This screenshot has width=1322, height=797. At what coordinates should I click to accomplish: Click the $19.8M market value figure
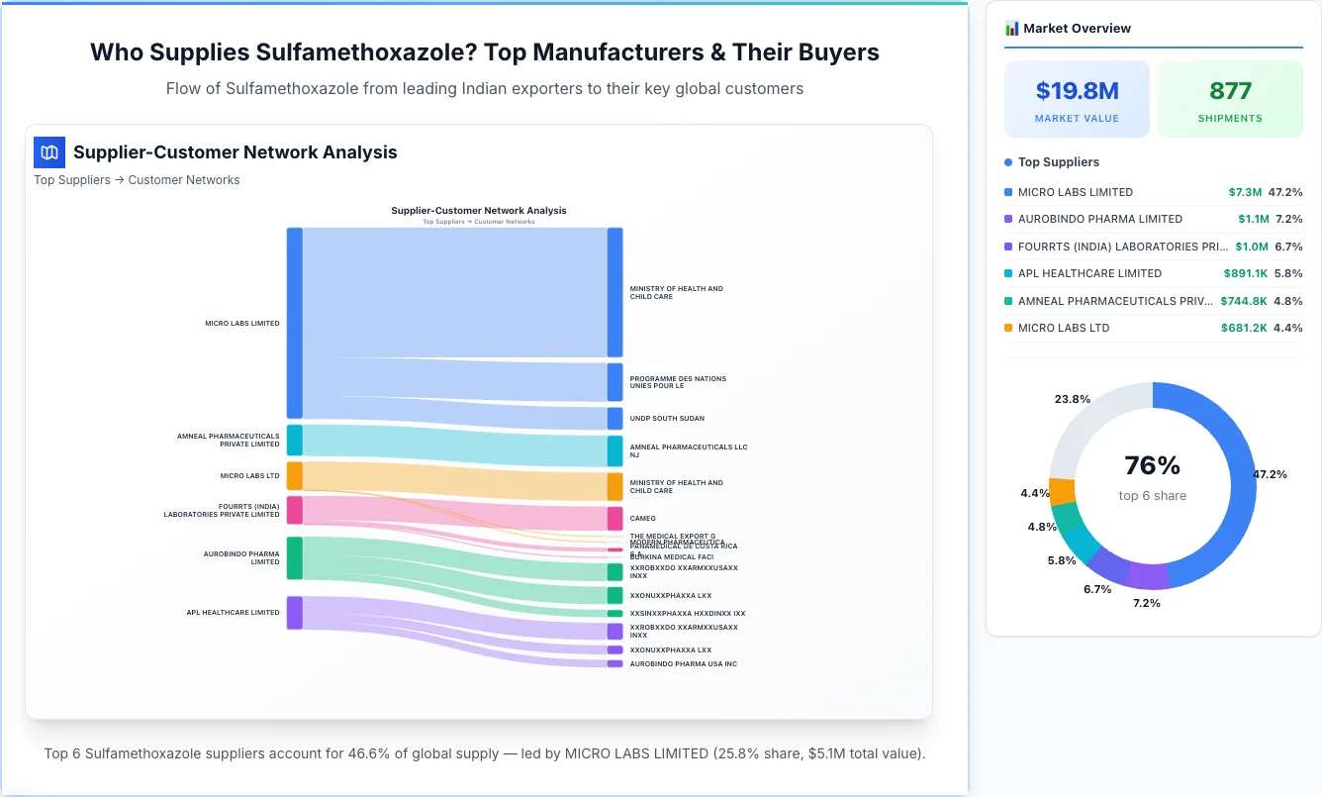1077,91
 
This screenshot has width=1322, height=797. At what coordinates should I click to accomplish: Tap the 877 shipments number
1230,91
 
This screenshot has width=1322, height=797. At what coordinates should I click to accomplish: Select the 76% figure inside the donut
1152,465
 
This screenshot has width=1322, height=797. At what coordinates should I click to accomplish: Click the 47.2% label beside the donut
1270,474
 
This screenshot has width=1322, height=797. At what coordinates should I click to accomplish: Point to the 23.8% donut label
1073,399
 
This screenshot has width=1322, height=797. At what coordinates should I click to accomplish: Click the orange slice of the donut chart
1061,492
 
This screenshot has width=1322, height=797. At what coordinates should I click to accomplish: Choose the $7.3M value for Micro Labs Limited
1245,192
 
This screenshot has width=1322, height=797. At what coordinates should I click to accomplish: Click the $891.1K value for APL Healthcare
1243,273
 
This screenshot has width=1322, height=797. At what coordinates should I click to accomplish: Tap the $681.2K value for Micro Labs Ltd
1243,328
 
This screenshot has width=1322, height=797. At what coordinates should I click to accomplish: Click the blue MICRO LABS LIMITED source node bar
294,323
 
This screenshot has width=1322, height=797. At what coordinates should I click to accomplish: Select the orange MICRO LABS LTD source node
294,476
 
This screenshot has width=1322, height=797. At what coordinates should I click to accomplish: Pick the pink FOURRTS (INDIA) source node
294,510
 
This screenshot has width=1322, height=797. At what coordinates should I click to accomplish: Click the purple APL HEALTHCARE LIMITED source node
294,612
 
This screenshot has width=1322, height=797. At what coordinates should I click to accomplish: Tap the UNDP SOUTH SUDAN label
667,419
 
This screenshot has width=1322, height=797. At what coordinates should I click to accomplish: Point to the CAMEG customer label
642,518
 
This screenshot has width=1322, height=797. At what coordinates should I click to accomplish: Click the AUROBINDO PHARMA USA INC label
683,663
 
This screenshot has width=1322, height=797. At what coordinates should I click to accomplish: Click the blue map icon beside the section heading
49,152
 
